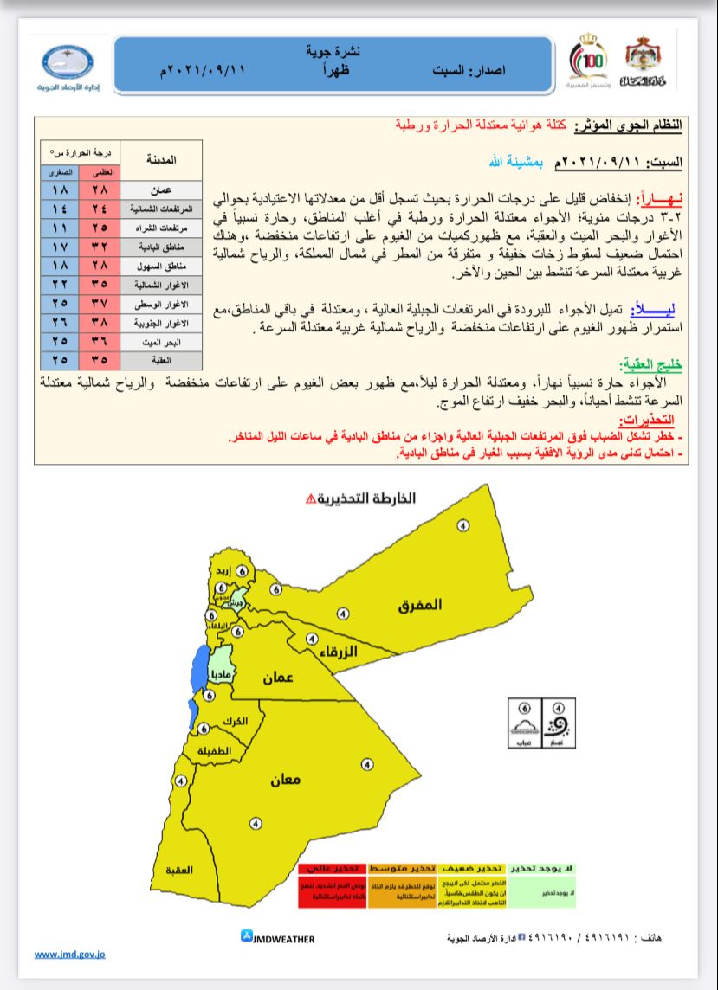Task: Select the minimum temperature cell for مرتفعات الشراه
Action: (60, 228)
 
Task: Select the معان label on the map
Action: (284, 779)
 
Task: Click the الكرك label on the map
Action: (234, 721)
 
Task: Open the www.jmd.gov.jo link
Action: (70, 955)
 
